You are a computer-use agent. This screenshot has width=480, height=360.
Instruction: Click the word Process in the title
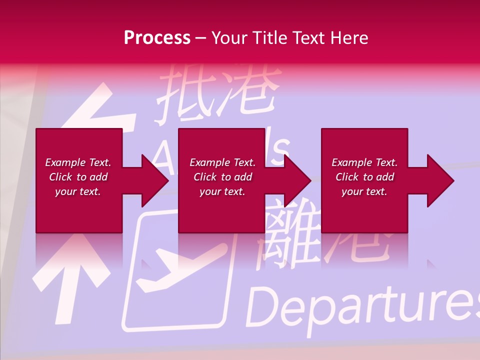click(x=157, y=37)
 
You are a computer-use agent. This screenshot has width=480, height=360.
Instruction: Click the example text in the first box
click(x=78, y=177)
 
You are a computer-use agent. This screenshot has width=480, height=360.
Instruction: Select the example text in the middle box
click(x=222, y=177)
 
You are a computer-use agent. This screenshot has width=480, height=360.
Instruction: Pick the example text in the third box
click(x=364, y=177)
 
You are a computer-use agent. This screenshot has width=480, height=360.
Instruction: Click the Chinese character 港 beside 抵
click(x=250, y=92)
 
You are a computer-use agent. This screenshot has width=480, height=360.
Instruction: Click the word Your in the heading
click(x=230, y=37)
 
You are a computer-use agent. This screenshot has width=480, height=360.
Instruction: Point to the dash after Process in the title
click(x=200, y=38)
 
